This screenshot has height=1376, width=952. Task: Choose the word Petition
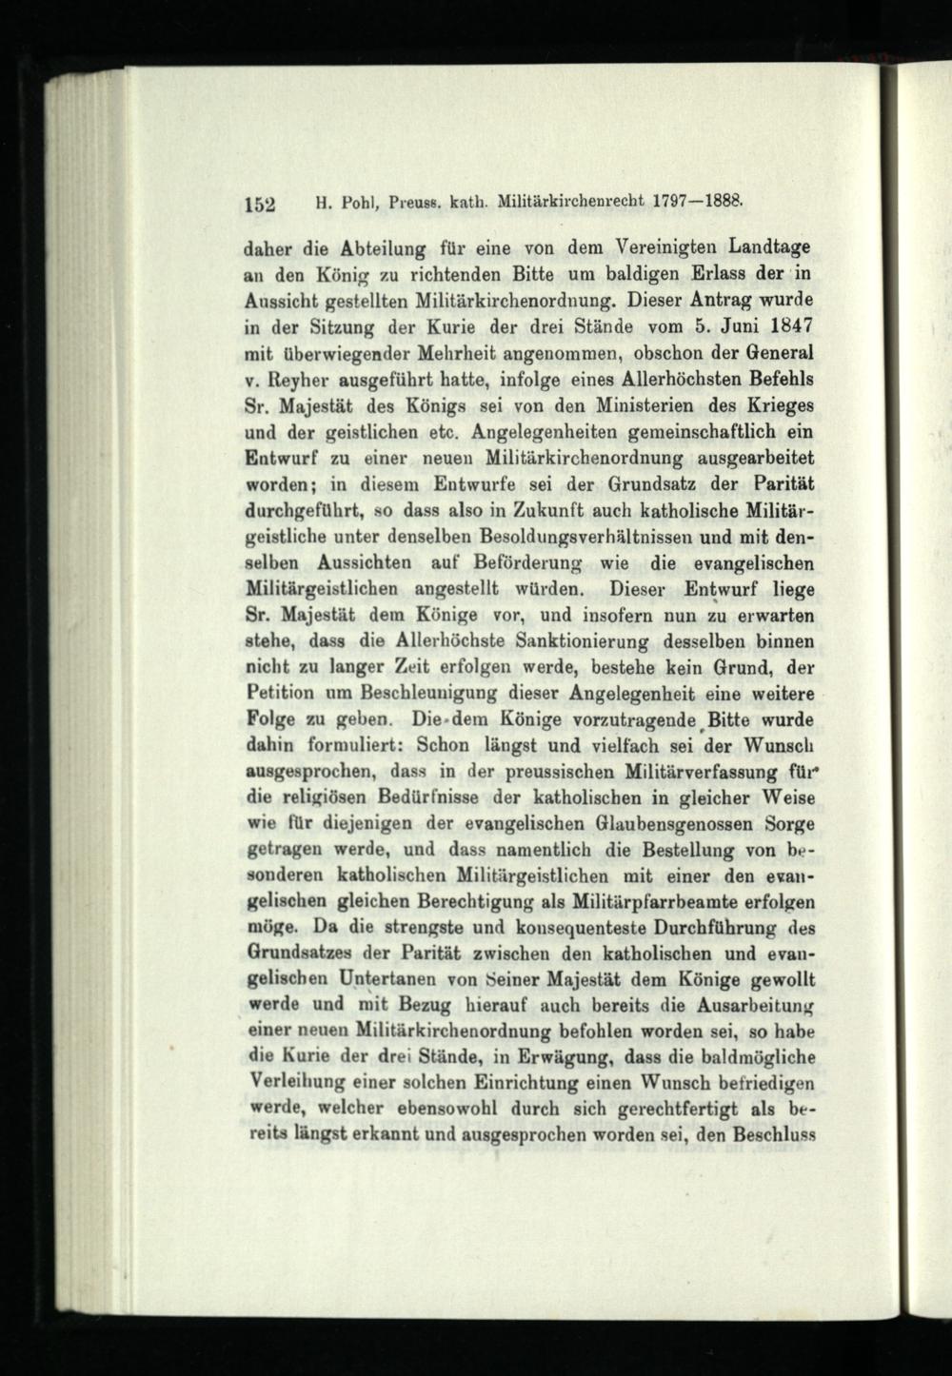[x=279, y=692]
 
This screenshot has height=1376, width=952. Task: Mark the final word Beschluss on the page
[x=768, y=1134]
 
